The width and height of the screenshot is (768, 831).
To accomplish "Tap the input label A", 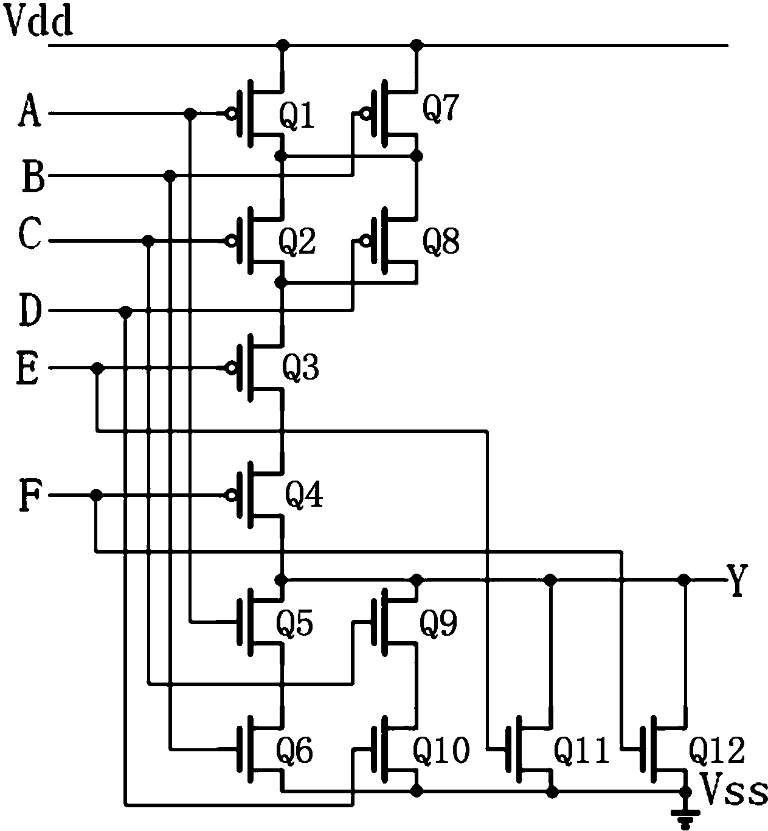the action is pyautogui.click(x=30, y=111).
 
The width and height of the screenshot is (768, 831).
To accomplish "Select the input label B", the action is pyautogui.click(x=33, y=176).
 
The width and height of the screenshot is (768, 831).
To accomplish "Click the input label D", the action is pyautogui.click(x=30, y=310).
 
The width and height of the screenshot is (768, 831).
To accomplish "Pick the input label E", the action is pyautogui.click(x=27, y=368).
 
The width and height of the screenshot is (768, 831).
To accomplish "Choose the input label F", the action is pyautogui.click(x=30, y=496).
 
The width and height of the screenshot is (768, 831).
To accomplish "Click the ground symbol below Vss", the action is pyautogui.click(x=685, y=818).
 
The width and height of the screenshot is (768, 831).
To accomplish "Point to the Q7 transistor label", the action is pyautogui.click(x=440, y=108).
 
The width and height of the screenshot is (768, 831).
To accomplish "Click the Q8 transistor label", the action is pyautogui.click(x=441, y=242).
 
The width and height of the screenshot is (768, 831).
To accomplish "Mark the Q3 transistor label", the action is pyautogui.click(x=300, y=367).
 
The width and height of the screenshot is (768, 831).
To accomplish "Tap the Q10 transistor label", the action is pyautogui.click(x=441, y=750).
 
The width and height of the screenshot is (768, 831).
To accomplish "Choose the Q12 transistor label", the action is pyautogui.click(x=717, y=750).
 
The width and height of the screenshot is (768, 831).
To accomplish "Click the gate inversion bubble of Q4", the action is pyautogui.click(x=230, y=495).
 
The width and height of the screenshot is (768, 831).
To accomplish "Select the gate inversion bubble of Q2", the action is pyautogui.click(x=230, y=241).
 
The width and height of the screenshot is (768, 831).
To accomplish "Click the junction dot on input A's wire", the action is pyautogui.click(x=190, y=113).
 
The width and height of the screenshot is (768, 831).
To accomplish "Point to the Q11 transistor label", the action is pyautogui.click(x=581, y=750).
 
